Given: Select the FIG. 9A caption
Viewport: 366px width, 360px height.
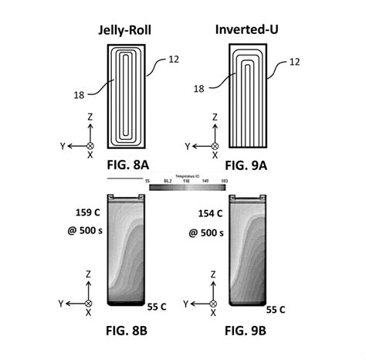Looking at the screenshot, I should coord(246,165).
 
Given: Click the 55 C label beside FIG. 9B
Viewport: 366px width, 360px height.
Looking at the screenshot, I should coord(276,309).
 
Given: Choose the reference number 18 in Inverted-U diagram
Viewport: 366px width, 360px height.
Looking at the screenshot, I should coord(201,89).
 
